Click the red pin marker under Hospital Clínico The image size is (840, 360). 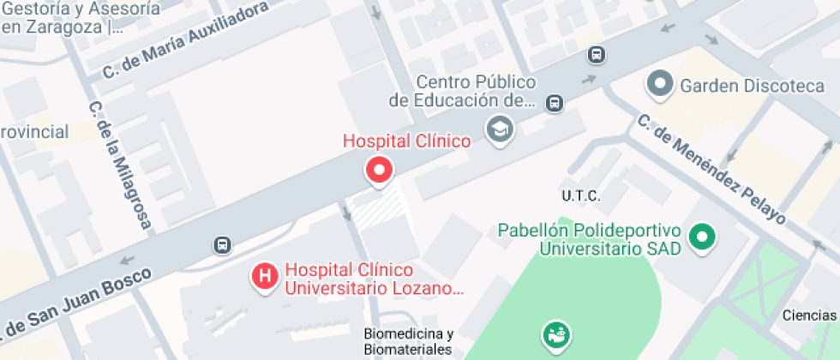point(379,170)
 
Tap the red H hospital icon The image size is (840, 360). point(265,277)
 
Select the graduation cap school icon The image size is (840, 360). point(497,129)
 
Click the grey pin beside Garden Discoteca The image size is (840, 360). point(660,85)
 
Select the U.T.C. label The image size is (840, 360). point(580,196)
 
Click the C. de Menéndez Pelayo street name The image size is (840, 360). point(711,169)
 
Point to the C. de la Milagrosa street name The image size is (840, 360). point(119,165)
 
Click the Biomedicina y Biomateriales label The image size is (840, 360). point(408,341)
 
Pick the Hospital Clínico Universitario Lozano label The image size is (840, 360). point(374,279)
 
